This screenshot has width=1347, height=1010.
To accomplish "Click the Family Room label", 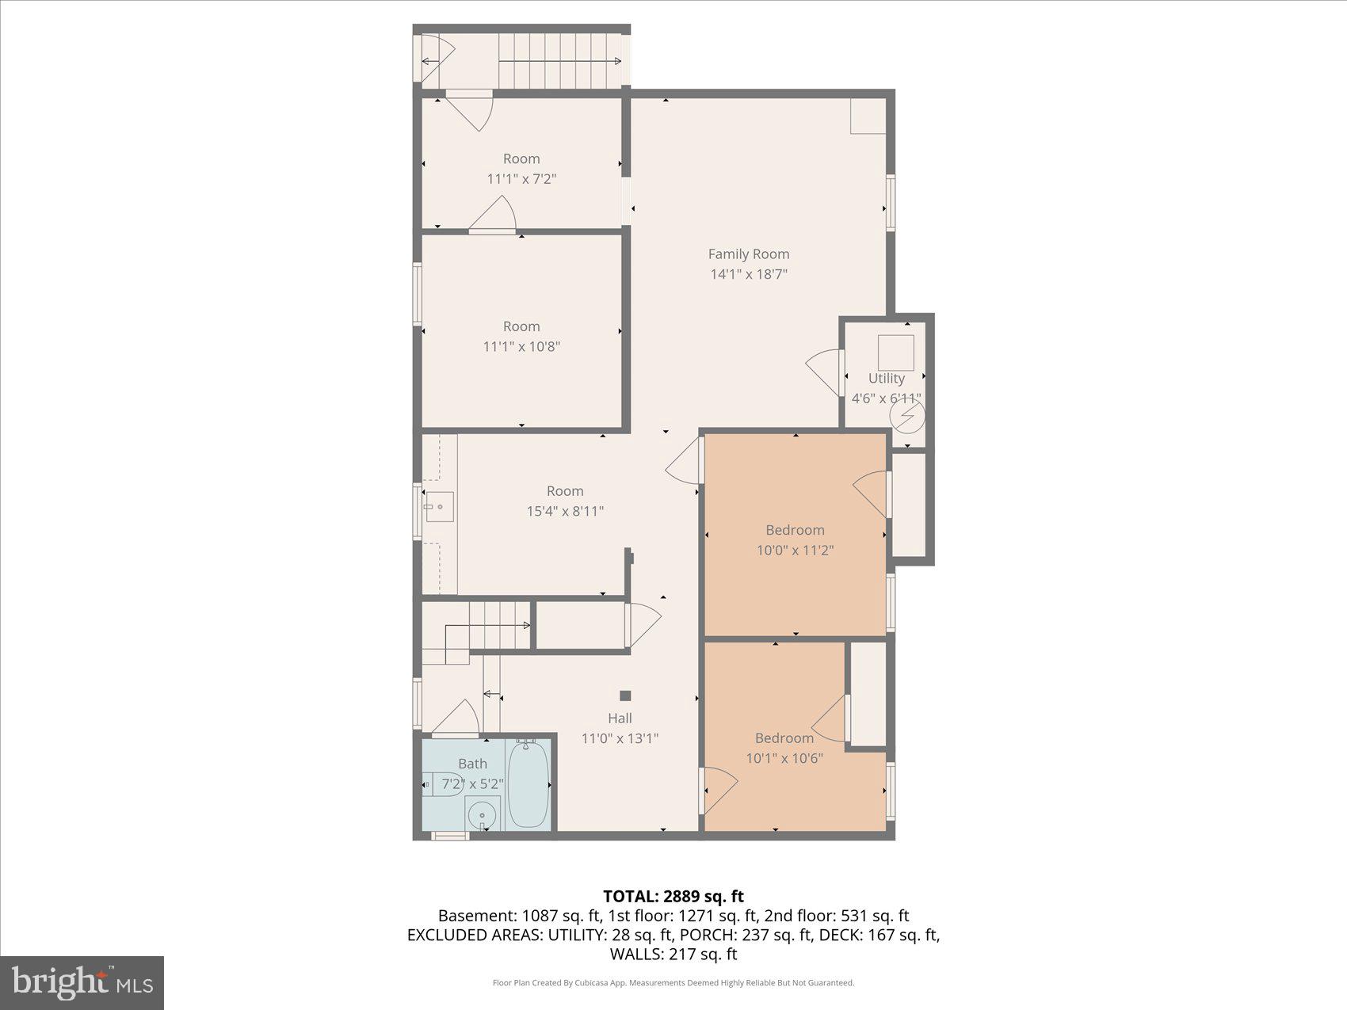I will point(748,254).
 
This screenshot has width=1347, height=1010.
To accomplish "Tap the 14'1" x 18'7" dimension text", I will point(748,275).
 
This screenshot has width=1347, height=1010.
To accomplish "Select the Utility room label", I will point(886,379).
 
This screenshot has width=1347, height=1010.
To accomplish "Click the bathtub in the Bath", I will point(526,784).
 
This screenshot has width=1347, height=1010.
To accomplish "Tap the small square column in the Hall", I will point(625,696).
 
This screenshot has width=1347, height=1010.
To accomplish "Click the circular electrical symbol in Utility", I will point(907,415).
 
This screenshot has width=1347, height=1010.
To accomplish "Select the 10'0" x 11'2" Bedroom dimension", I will point(795,551).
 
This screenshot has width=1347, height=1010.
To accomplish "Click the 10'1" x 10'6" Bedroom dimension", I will point(784,759).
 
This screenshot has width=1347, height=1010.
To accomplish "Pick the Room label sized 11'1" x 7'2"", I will point(521,159).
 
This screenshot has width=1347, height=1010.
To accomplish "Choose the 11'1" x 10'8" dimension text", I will point(521,347).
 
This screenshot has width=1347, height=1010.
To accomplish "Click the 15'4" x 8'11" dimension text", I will point(565,512).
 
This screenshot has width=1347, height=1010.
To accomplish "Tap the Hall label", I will point(620,718).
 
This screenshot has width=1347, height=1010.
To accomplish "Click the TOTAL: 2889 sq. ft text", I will point(673,897).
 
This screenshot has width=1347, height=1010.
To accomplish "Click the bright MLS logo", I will point(82,982).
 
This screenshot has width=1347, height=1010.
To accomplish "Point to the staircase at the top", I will point(559,60).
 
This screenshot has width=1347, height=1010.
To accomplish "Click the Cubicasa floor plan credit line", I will point(673,983).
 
